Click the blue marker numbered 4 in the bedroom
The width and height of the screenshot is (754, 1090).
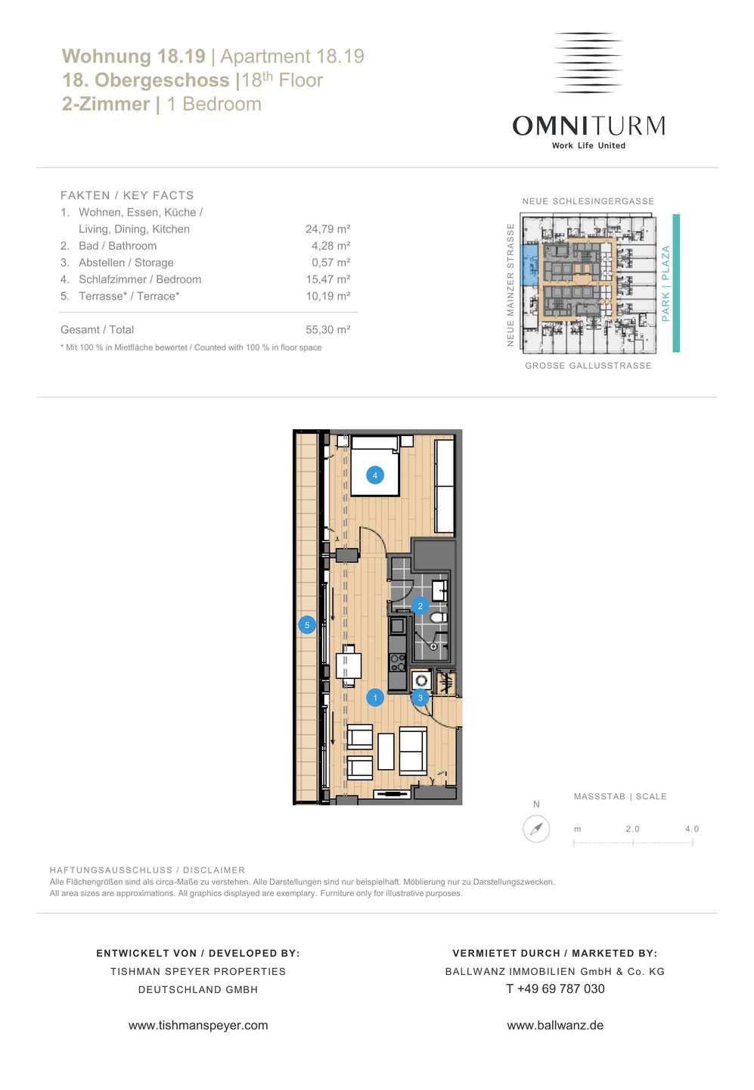[375, 475]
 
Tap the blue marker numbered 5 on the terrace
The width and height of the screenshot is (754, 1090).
[307, 625]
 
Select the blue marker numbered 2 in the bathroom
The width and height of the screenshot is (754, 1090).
[420, 606]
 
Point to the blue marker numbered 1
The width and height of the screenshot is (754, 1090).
[375, 698]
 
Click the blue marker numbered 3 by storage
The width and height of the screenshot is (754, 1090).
[420, 698]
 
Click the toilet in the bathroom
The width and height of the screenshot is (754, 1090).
[438, 618]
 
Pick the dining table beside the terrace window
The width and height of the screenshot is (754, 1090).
[349, 665]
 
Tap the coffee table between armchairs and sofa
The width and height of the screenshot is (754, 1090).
[386, 752]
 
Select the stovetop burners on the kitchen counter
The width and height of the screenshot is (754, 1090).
[398, 662]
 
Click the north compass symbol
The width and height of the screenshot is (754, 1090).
[536, 829]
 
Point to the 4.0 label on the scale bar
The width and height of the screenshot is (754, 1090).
[692, 829]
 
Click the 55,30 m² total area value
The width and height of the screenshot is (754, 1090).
[327, 329]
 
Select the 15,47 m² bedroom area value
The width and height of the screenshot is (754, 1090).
[327, 279]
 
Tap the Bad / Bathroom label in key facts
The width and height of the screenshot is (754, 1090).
[118, 246]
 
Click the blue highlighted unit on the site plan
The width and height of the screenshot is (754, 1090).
[529, 265]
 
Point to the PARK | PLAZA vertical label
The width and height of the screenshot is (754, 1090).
[666, 283]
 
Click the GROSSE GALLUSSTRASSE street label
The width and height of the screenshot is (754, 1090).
[588, 366]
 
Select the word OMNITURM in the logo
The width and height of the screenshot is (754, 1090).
[588, 126]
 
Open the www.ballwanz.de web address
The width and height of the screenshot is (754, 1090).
[555, 1025]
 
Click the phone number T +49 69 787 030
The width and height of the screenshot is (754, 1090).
[555, 989]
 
